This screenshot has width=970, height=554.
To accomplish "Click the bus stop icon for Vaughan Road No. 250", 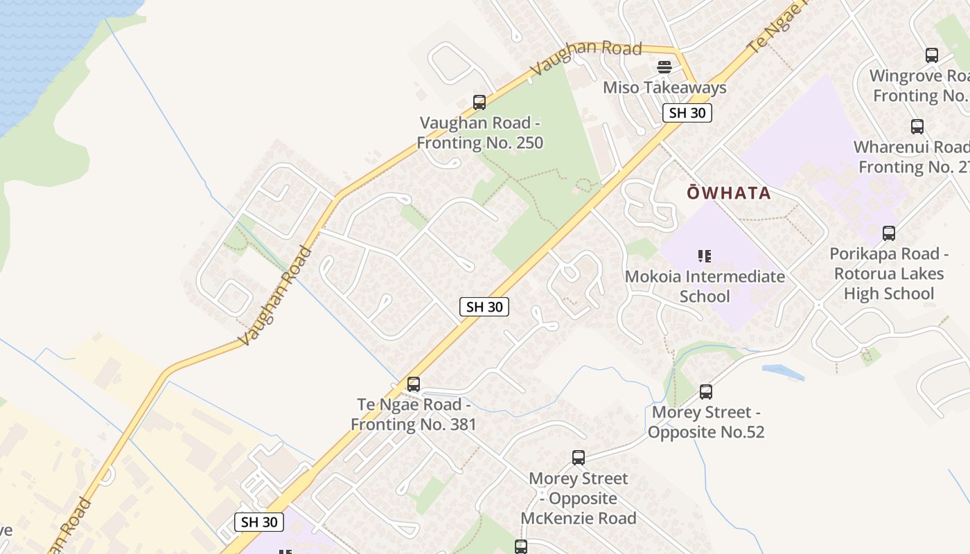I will [479, 102].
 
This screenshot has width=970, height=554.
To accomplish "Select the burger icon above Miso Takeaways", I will [664, 67].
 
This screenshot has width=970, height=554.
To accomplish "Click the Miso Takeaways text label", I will [664, 88].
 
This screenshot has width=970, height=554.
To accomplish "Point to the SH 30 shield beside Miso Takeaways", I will [687, 113].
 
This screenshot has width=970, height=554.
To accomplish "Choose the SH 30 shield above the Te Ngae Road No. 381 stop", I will [484, 307].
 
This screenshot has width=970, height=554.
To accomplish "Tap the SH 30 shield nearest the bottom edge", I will [259, 522].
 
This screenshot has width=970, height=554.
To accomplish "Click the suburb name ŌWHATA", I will [729, 193].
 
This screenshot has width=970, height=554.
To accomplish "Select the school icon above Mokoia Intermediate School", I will [705, 256].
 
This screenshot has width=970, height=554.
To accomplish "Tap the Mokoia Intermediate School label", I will [705, 286].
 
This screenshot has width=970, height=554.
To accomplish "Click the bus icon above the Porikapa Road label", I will [889, 233].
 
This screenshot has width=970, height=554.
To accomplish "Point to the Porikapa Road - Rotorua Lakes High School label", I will [889, 274].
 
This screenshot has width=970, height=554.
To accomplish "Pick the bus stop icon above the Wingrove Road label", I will [932, 55].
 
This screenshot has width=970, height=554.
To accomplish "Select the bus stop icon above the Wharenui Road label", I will [917, 127].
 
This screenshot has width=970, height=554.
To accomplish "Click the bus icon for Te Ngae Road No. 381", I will [414, 384].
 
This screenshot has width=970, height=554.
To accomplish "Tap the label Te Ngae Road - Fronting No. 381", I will [414, 414].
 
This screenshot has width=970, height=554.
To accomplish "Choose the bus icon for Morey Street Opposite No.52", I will [706, 392].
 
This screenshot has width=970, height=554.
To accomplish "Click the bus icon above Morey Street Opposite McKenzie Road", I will [579, 458].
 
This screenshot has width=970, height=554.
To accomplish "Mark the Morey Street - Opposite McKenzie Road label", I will [579, 498].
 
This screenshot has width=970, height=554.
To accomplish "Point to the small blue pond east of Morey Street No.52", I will [783, 372].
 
